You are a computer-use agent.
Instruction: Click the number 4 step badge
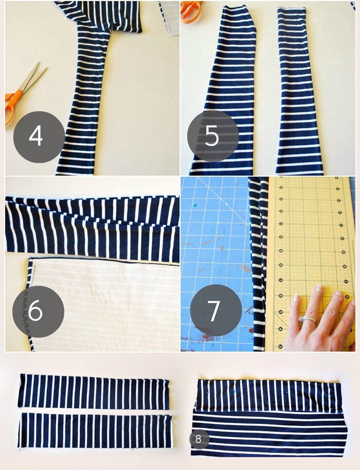(x=39, y=137)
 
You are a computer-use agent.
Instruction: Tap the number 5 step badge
(x=213, y=136)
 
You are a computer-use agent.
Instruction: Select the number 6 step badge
(x=38, y=311)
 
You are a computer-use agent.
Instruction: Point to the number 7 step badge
(x=216, y=310)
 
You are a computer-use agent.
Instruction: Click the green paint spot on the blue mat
(x=195, y=205)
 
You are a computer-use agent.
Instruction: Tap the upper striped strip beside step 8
(x=268, y=396)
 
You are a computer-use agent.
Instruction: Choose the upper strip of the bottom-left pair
(x=94, y=391)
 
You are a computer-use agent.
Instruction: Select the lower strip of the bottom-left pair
(x=95, y=431)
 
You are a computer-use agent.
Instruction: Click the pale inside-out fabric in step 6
(x=105, y=304)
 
